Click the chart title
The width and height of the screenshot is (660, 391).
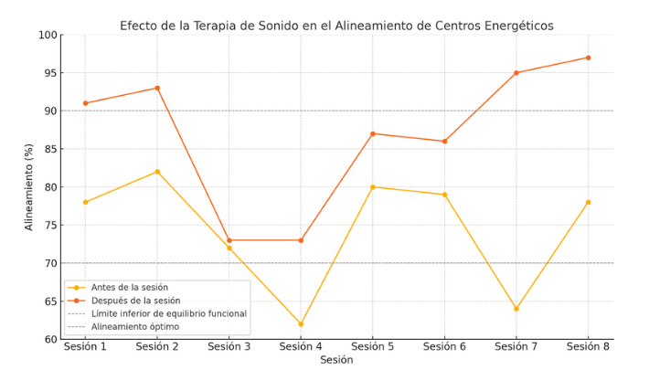tap(336, 26)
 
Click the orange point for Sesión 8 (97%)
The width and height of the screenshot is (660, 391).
tap(588, 58)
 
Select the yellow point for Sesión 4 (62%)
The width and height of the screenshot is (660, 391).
tap(301, 324)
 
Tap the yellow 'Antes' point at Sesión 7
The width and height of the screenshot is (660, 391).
tap(516, 309)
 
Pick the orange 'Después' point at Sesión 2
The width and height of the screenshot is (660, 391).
tap(157, 89)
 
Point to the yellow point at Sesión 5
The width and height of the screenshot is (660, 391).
tap(373, 187)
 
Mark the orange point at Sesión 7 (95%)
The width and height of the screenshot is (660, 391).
tap(516, 73)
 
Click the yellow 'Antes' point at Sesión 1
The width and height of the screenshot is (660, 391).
tap(85, 202)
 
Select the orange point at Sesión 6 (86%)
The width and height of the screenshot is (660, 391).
tap(444, 142)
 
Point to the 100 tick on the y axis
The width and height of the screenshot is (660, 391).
tap(48, 35)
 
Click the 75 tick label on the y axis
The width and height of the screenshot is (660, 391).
tap(51, 226)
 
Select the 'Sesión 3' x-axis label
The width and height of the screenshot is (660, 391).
tap(229, 347)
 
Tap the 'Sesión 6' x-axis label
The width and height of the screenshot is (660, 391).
tap(444, 347)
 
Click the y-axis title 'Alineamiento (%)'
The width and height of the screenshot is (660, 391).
tap(28, 187)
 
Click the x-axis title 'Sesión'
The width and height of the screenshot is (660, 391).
tap(336, 360)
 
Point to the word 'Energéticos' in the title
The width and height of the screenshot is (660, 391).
tap(519, 26)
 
